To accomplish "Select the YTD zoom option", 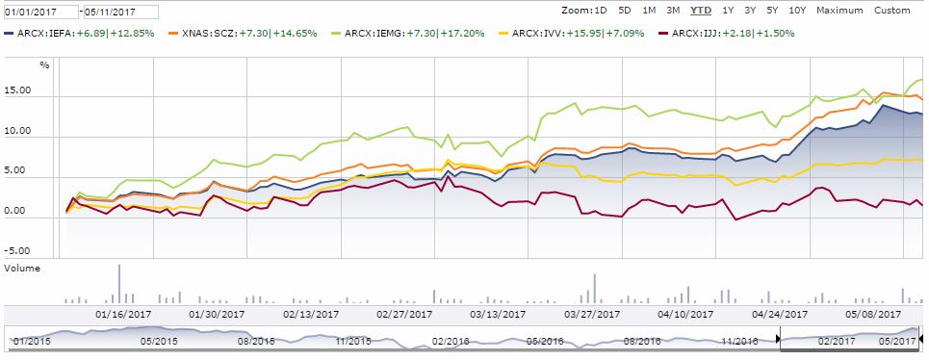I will pos(702,11).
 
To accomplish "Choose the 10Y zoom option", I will pos(796,11).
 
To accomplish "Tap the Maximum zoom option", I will pos(839,11).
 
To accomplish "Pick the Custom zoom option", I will pos(891,11).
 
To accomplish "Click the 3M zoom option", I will pos(672,11).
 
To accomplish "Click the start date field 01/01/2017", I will pos(37,12).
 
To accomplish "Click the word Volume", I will pos(22,270).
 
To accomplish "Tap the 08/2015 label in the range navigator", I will pos(257,341).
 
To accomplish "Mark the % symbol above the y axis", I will pos(44,65).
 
